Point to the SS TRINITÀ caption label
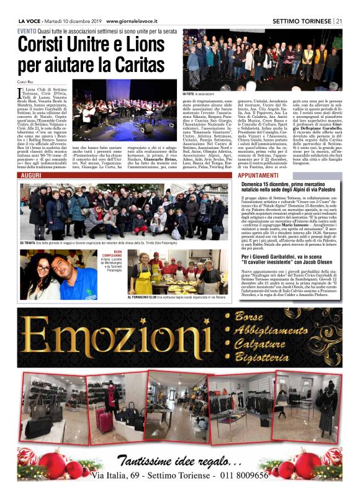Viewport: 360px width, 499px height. pos(31,242)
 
